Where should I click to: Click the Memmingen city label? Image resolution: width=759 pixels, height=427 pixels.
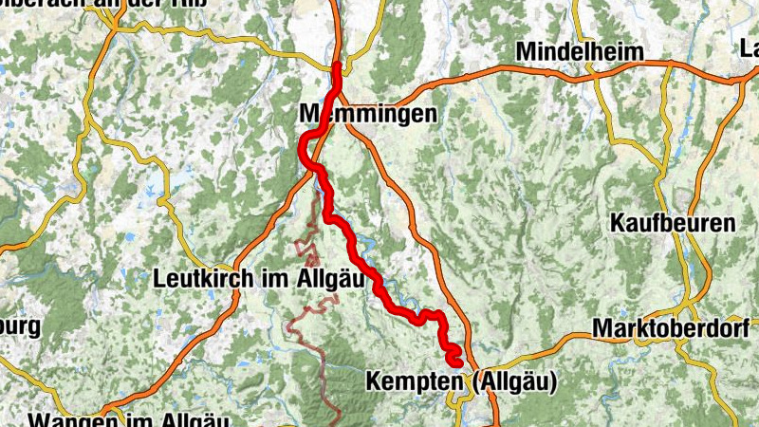point(368,114)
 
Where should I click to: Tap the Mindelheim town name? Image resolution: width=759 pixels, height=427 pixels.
point(580,51)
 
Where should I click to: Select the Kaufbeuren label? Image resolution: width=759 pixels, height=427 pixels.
point(673,224)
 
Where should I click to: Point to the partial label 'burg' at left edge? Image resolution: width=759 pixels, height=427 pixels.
point(19,328)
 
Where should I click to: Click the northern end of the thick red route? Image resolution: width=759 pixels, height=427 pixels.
point(337,65)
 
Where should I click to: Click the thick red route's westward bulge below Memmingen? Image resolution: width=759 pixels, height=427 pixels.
point(304,148)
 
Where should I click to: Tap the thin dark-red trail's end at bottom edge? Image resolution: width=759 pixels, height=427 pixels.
point(338,421)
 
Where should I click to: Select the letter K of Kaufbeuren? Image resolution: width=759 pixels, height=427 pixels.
point(618,224)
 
